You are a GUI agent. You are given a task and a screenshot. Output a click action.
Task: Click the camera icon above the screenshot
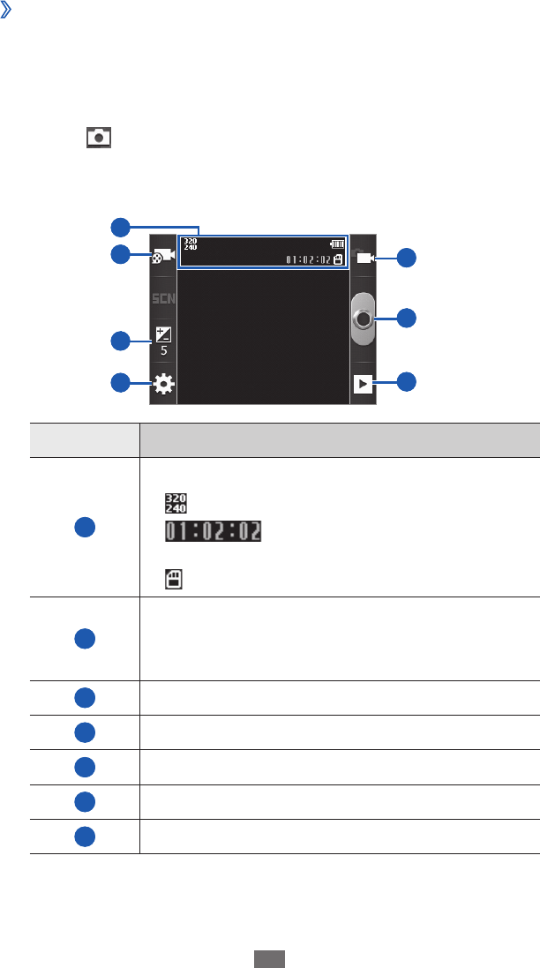pos(98,137)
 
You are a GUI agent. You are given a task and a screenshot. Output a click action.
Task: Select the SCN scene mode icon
pos(163,298)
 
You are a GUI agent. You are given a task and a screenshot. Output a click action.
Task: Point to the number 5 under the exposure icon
pos(163,350)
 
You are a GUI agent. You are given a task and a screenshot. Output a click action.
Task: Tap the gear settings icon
pos(163,384)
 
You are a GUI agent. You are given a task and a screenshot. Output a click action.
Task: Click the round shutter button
pos(362,319)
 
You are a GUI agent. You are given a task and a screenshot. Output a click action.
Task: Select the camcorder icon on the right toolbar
pos(363,258)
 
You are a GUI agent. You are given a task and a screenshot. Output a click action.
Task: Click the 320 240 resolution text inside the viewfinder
pos(189,243)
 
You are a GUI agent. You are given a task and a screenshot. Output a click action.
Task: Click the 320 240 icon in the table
pos(175,504)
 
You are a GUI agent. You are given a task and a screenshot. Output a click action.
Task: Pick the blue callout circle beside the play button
pos(405,382)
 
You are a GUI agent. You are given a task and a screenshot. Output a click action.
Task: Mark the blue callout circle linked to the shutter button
pos(405,317)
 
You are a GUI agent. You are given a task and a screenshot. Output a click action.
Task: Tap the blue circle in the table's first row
pos(84,527)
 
